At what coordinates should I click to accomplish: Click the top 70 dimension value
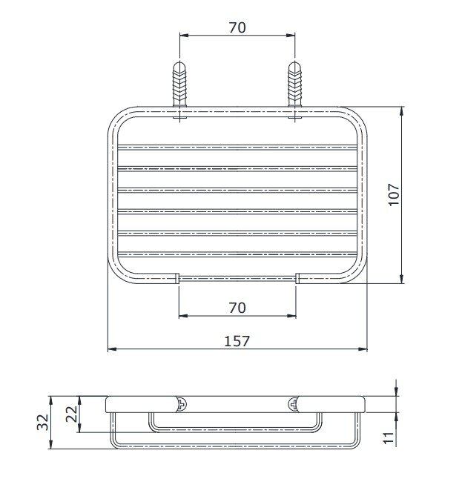[x=237, y=27]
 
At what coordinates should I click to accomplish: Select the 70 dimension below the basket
[x=237, y=308]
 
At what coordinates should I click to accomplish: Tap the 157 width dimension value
[x=237, y=341]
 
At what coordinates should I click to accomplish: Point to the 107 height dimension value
[x=395, y=195]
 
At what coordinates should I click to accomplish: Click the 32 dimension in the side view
[x=42, y=422]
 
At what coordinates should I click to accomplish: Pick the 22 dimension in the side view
[x=72, y=414]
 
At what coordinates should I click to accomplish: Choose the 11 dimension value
[x=389, y=437]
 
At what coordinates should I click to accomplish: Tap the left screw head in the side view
[x=182, y=404]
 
